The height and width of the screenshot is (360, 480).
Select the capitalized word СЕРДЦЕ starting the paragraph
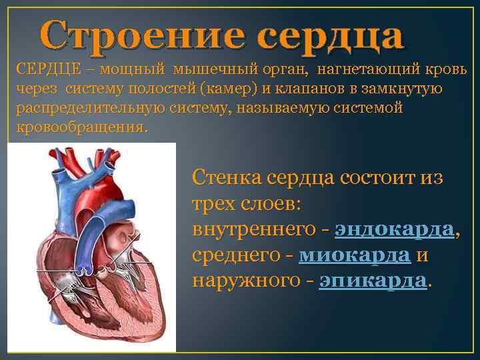[43, 69]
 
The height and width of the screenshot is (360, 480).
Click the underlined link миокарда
[354, 255]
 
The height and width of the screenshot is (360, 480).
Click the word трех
[213, 203]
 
